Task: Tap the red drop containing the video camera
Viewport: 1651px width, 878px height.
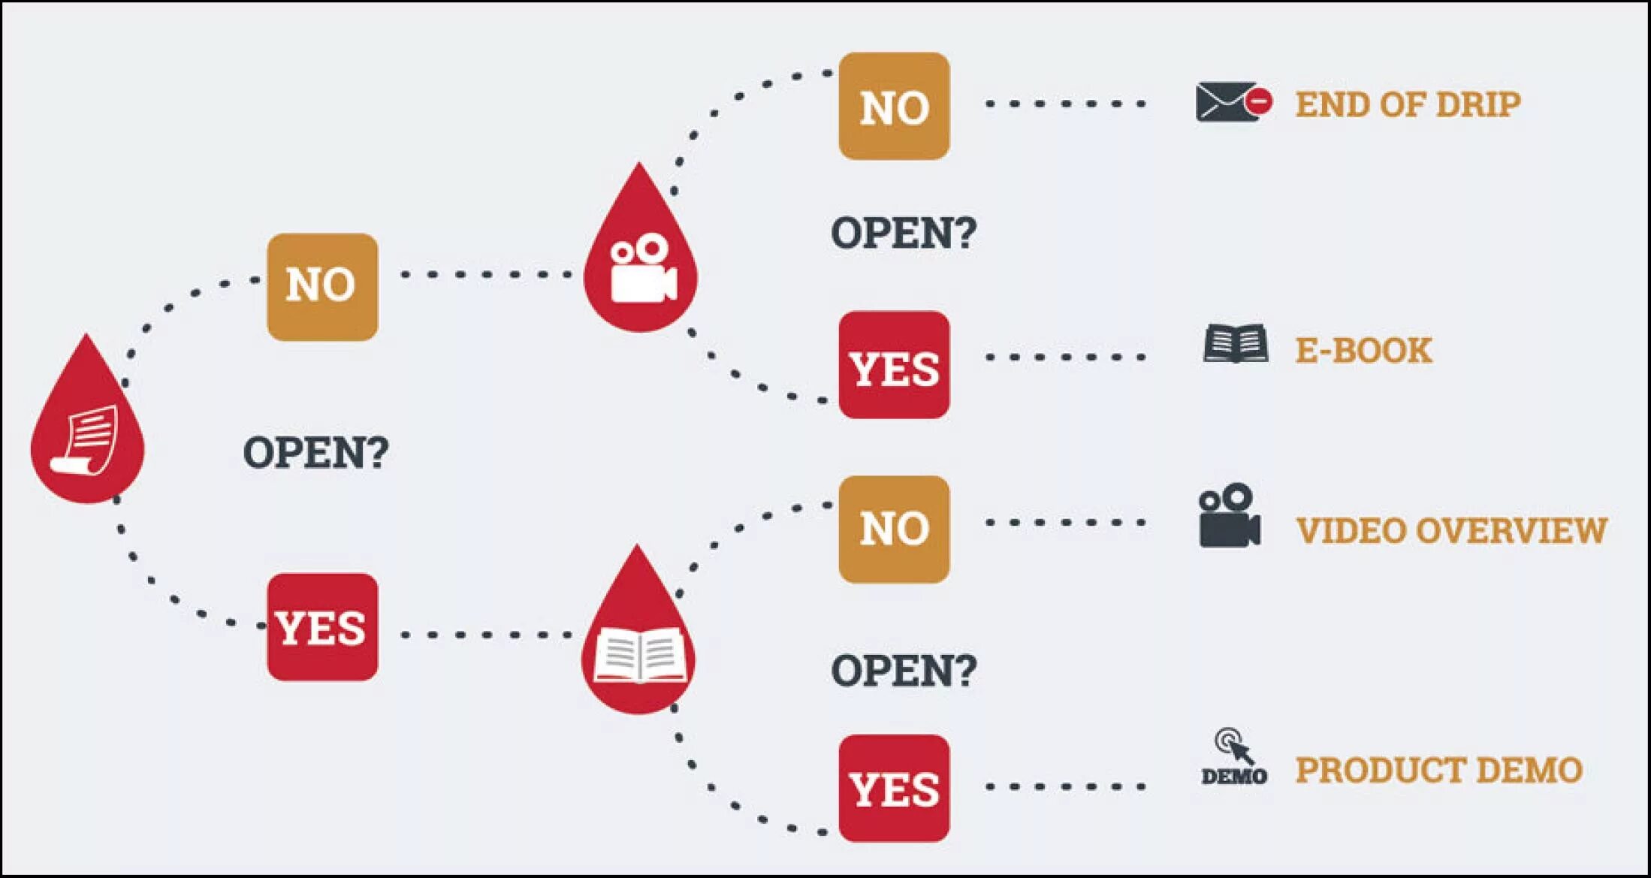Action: click(x=640, y=263)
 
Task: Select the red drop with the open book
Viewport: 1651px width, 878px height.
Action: click(x=638, y=646)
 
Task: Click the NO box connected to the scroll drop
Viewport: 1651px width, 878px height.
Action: click(x=322, y=286)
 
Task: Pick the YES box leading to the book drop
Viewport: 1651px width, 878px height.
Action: click(x=322, y=627)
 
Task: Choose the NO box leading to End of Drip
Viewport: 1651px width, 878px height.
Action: click(x=894, y=106)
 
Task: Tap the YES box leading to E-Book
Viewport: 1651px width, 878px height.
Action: click(x=894, y=365)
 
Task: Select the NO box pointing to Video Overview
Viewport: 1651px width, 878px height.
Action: click(x=894, y=529)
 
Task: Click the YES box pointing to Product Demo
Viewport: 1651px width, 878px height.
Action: click(x=894, y=788)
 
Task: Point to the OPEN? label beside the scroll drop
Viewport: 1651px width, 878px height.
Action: click(x=315, y=452)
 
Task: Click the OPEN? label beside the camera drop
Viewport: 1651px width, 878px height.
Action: click(x=903, y=233)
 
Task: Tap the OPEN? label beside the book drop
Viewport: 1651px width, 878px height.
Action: click(x=903, y=670)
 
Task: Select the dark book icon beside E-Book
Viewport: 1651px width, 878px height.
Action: click(x=1235, y=344)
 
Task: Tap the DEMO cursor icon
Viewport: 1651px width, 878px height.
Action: click(x=1233, y=757)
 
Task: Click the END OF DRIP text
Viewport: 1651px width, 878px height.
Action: click(x=1408, y=104)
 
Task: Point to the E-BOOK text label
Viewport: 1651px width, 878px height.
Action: click(x=1363, y=351)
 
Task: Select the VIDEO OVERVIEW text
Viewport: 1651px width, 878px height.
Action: click(x=1451, y=530)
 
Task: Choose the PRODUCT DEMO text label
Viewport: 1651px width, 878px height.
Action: click(x=1439, y=770)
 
